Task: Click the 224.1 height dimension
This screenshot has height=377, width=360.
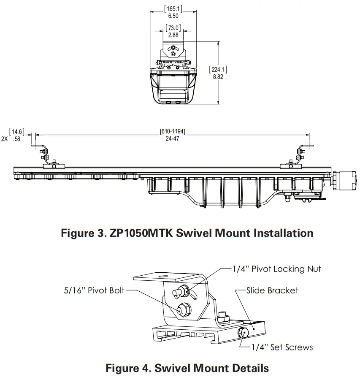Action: (219, 69)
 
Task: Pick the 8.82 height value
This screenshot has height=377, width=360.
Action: (219, 77)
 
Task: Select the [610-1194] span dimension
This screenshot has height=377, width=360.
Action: (172, 131)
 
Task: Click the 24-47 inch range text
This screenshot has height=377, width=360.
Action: (172, 138)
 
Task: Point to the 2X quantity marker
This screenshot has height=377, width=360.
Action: (5, 138)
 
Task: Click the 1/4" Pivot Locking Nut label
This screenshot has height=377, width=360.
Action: (277, 269)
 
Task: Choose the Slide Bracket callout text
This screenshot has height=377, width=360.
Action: (272, 290)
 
